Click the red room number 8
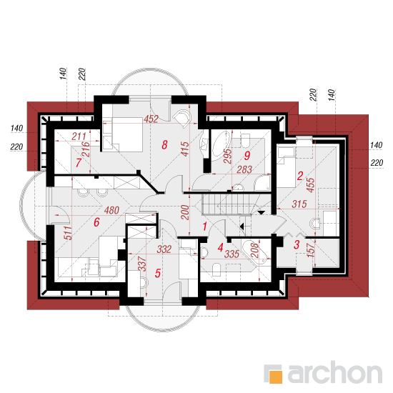point(164,145)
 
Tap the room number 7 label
point(79,163)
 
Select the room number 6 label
point(96,222)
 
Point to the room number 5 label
point(158,273)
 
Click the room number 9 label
point(247,156)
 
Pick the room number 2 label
point(300,176)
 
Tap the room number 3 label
point(297,244)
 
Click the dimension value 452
point(151,119)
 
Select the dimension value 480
point(111,210)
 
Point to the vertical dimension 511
point(68,233)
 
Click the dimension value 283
point(244,169)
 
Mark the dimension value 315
point(299,204)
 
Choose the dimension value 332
point(164,249)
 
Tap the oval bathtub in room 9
point(222,145)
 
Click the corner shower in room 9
point(262,183)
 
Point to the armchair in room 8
point(182,119)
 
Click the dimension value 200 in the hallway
point(185,212)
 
